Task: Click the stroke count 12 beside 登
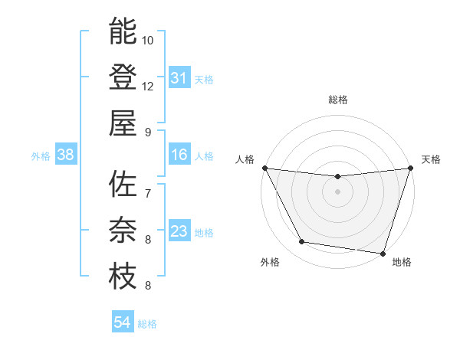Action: (148, 86)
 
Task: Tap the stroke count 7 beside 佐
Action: (147, 193)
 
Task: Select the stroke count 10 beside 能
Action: (148, 40)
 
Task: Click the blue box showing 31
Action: (179, 78)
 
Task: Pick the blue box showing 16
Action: (179, 155)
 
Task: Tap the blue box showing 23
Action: (179, 232)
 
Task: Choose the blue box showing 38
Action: (66, 155)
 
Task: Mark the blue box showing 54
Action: (123, 322)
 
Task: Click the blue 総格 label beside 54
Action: (147, 324)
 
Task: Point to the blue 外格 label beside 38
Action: (41, 156)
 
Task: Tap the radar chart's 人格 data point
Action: (264, 168)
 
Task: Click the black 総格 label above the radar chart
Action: (337, 100)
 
